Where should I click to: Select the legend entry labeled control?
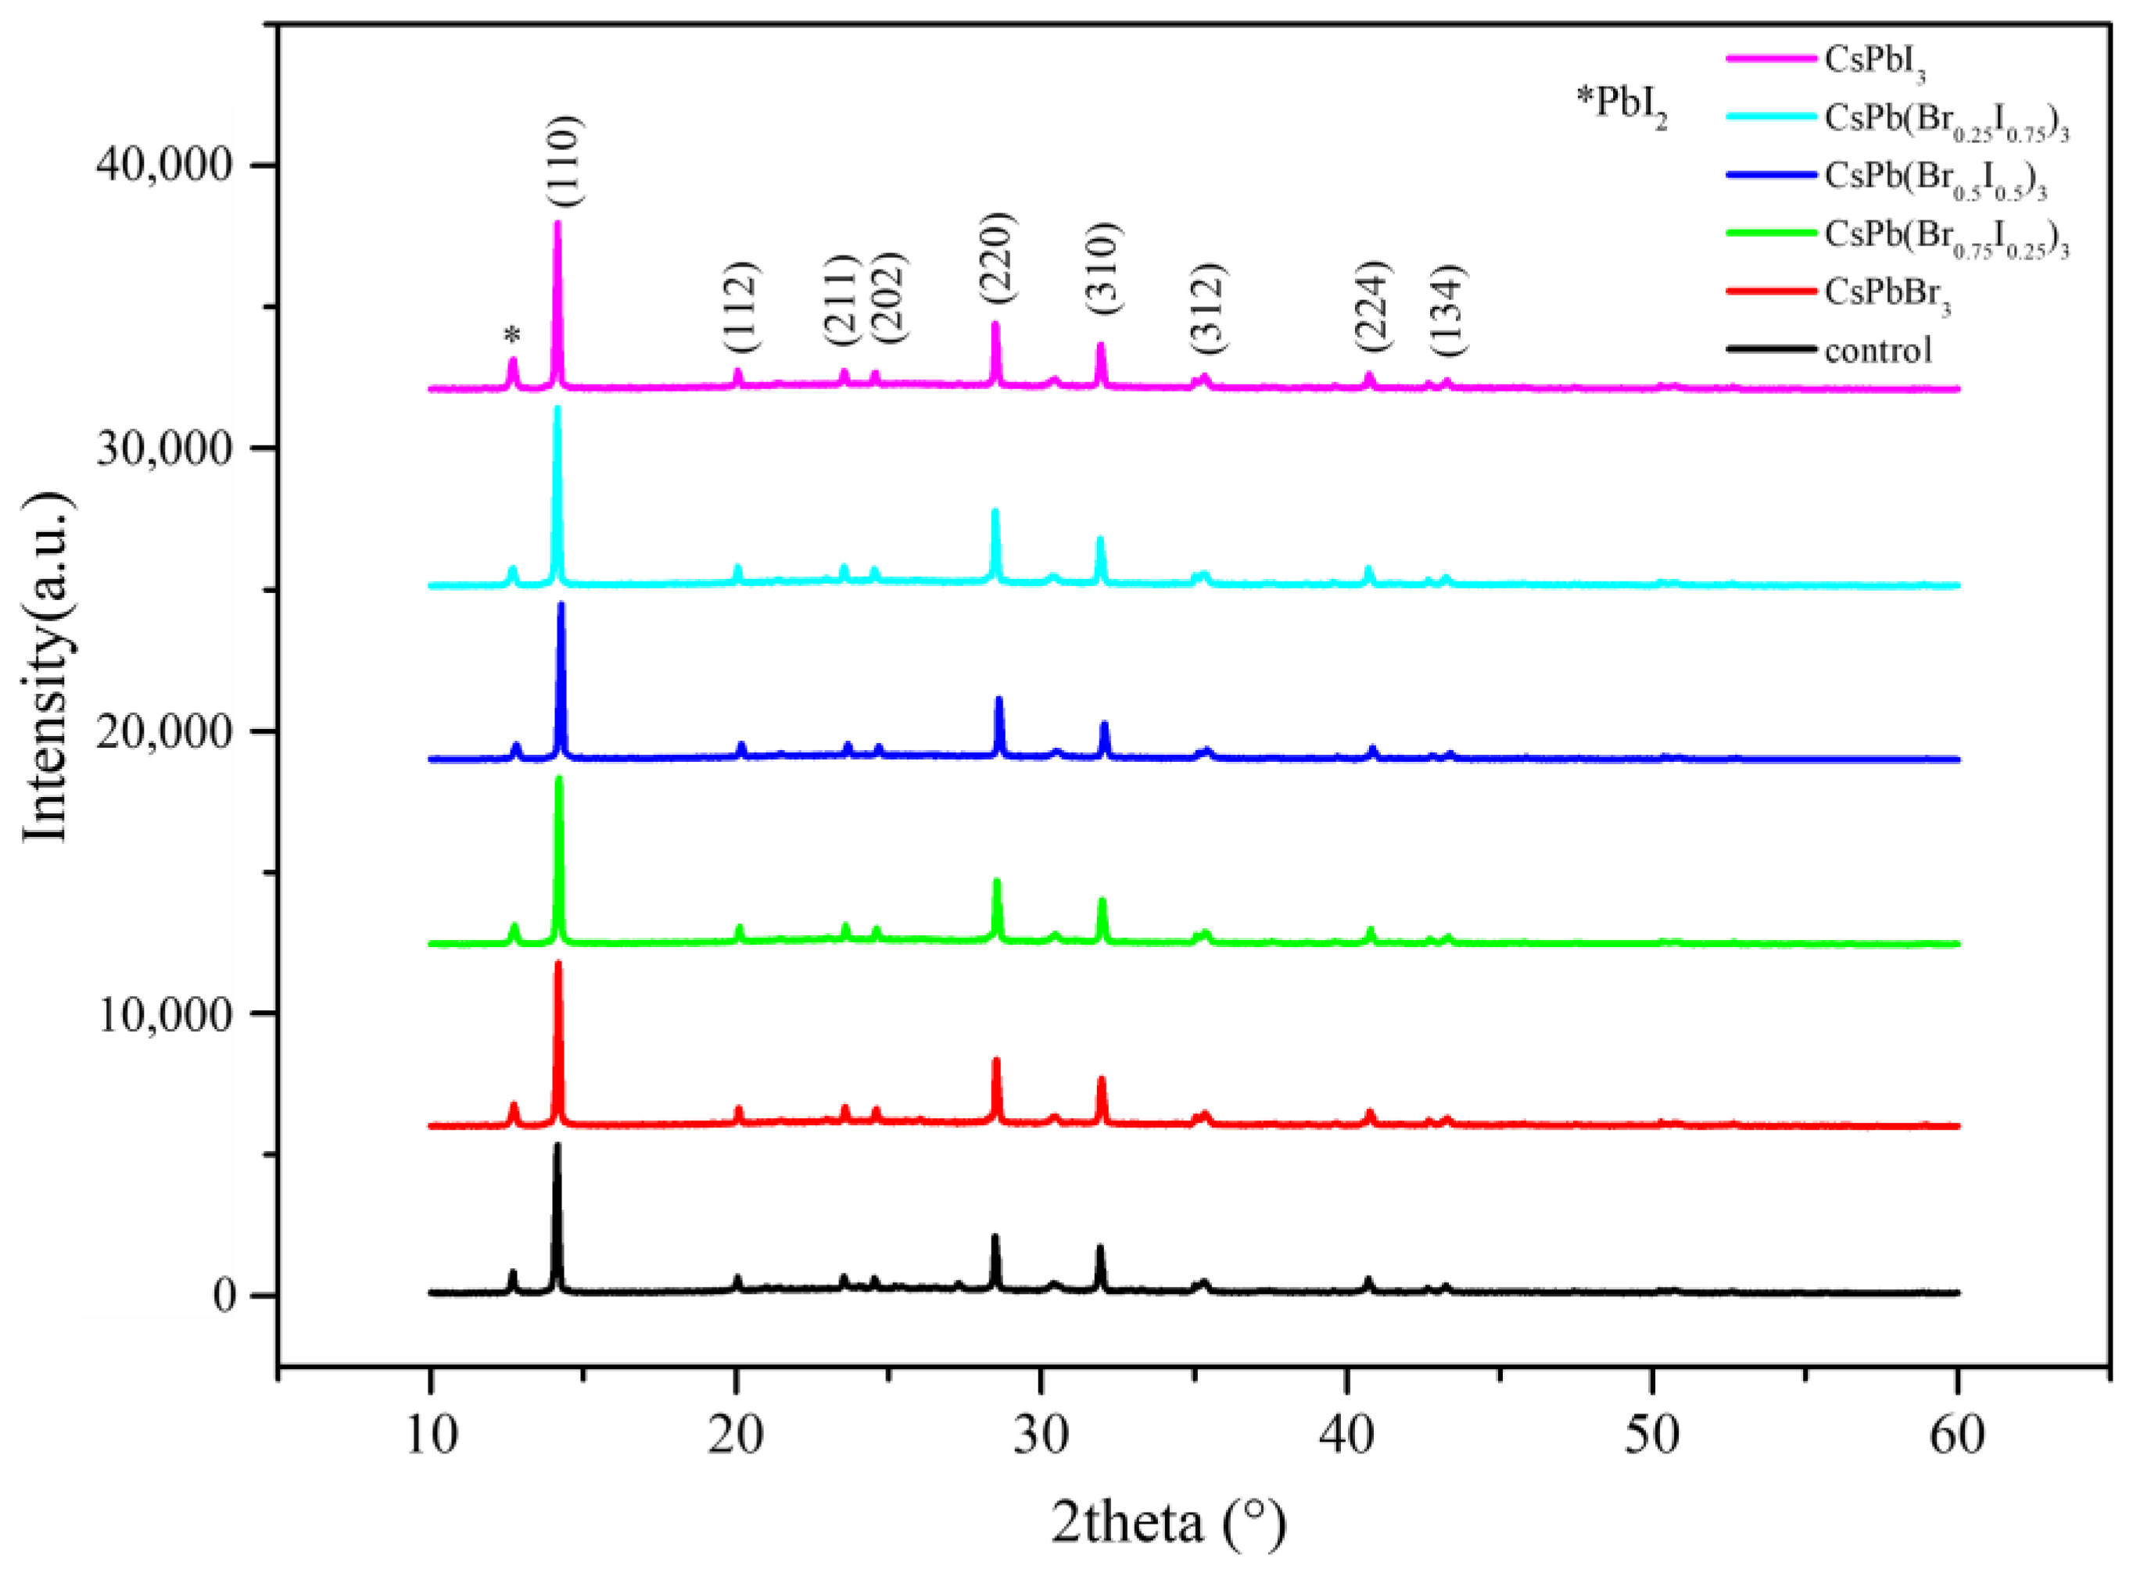click(x=1877, y=351)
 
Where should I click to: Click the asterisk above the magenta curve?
click(x=513, y=336)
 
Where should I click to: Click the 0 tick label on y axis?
click(x=224, y=1296)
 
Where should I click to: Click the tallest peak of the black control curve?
click(x=557, y=1145)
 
